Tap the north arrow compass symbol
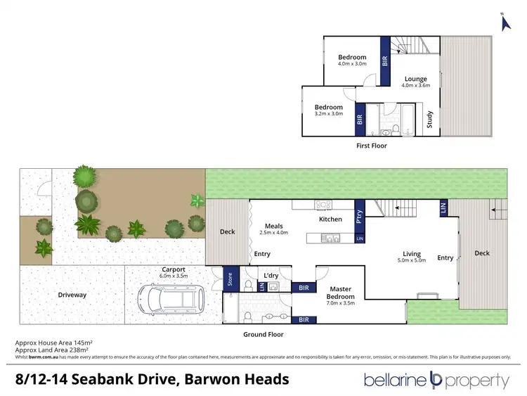(x=503, y=22)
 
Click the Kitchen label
(x=330, y=219)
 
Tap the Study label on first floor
(x=430, y=119)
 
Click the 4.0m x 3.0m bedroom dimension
(x=351, y=65)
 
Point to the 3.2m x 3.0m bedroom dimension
(x=328, y=114)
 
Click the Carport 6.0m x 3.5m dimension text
(x=173, y=276)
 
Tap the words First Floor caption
(x=371, y=146)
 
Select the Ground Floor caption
(x=263, y=335)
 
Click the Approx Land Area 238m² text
(x=53, y=350)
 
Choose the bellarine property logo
(x=436, y=381)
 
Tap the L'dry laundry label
(x=271, y=276)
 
